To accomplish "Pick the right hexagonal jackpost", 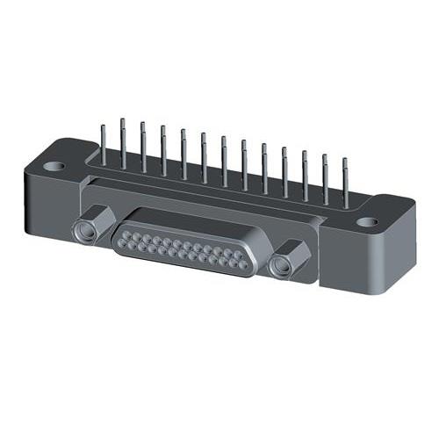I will click(286, 259).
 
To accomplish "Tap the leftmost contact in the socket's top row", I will click(134, 232).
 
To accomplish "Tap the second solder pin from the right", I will click(325, 180).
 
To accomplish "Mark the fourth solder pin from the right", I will click(284, 171).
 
